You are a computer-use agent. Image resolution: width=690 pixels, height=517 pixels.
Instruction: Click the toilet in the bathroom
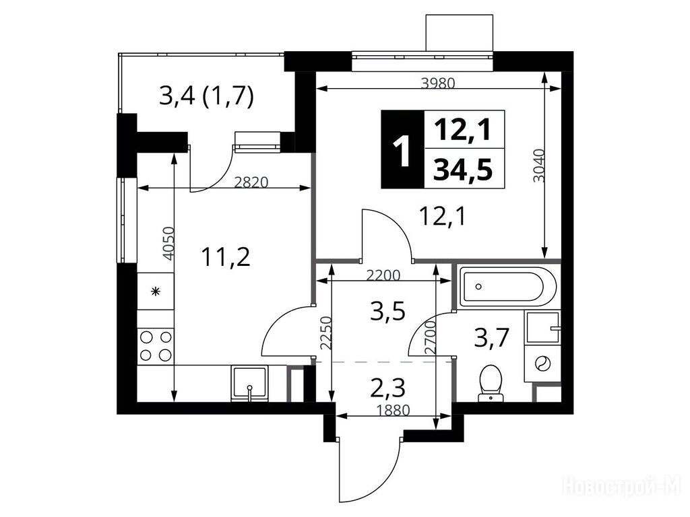pyautogui.click(x=491, y=383)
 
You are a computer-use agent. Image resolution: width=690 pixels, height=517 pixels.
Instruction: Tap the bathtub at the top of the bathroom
pyautogui.click(x=507, y=287)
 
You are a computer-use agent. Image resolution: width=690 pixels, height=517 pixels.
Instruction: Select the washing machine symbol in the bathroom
pyautogui.click(x=542, y=363)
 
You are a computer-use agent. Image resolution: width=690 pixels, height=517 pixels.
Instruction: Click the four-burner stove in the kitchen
pyautogui.click(x=156, y=346)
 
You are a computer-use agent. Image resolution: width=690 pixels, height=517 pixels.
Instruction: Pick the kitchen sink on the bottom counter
pyautogui.click(x=249, y=383)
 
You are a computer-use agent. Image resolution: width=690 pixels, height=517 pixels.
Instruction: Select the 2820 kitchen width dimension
pyautogui.click(x=251, y=182)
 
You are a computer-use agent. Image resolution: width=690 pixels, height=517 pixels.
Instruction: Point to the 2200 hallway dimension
pyautogui.click(x=383, y=275)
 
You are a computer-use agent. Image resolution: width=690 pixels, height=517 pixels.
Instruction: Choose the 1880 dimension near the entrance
pyautogui.click(x=394, y=410)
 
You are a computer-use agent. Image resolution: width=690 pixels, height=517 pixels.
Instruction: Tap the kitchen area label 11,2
pyautogui.click(x=226, y=257)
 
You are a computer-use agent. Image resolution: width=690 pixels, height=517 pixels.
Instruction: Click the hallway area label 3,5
pyautogui.click(x=387, y=312)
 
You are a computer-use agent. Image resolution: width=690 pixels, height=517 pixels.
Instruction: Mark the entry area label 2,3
pyautogui.click(x=387, y=388)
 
